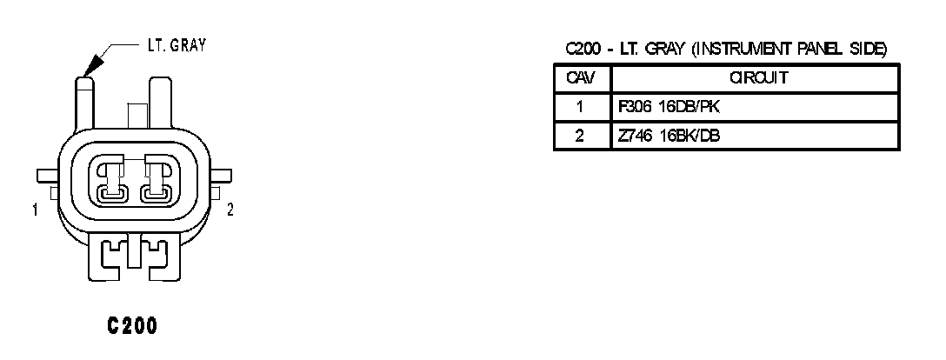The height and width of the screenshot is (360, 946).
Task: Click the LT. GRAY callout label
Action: (x=175, y=46)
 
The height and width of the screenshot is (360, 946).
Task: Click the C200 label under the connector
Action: (x=131, y=327)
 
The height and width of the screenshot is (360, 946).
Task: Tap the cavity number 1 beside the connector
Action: (x=33, y=209)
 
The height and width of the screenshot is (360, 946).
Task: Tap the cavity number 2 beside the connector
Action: (x=229, y=209)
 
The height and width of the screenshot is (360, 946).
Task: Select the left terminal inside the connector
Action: (x=110, y=180)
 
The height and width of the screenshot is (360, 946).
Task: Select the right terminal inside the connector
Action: (x=157, y=180)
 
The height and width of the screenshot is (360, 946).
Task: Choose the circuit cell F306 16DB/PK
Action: (x=669, y=107)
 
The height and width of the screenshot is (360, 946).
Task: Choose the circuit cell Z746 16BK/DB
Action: (x=669, y=136)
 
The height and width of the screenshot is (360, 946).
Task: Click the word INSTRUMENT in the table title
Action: (x=742, y=50)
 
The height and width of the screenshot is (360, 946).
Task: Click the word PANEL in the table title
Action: (x=821, y=50)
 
